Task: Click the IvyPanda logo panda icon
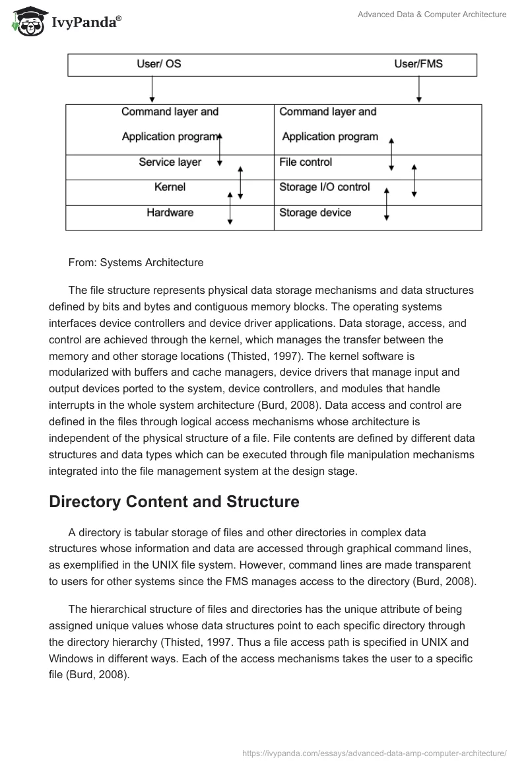tap(27, 22)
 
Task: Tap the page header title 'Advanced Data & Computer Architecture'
tap(431, 15)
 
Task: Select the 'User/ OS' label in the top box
tap(158, 64)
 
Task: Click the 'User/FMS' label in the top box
tap(424, 64)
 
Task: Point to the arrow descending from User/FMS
tap(418, 89)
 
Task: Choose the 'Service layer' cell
tap(170, 162)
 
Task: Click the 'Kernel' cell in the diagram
tap(170, 188)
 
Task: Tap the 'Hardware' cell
tap(170, 213)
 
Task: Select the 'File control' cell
tap(306, 162)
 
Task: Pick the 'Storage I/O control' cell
tap(324, 188)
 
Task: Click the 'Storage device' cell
tap(315, 213)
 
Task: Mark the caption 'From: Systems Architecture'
tap(136, 262)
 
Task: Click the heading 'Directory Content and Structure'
tap(174, 502)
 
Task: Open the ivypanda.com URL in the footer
tap(374, 752)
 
